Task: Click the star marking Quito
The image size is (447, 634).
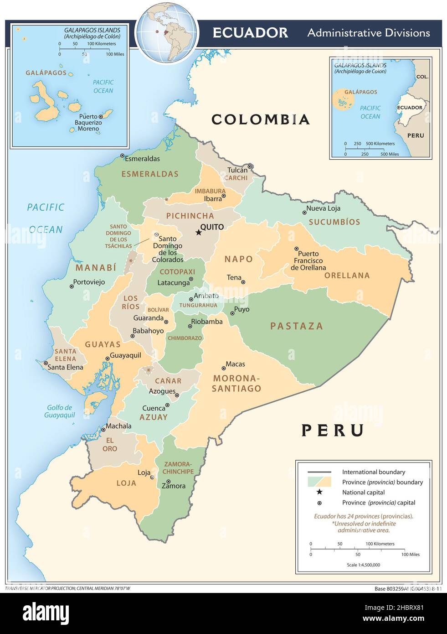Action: (198, 233)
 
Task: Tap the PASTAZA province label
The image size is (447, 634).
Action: (296, 326)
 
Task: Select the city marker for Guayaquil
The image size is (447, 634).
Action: (108, 359)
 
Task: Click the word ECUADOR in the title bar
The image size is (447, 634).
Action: (250, 33)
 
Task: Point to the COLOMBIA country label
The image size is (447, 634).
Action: (261, 120)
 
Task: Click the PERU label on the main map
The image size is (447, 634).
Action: (333, 430)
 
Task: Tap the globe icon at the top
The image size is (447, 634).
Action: (167, 32)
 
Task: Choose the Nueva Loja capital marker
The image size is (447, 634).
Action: (304, 212)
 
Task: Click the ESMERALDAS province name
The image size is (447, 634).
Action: (150, 174)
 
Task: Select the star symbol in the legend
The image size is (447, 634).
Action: (319, 492)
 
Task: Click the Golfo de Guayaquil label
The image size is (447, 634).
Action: (60, 411)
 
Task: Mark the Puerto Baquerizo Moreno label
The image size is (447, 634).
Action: (88, 123)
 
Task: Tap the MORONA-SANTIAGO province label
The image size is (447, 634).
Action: (236, 384)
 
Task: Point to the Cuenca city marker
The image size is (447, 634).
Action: (167, 405)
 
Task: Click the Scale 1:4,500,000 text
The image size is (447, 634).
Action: (363, 565)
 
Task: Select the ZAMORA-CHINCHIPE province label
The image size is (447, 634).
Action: (178, 468)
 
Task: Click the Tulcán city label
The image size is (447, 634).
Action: (237, 170)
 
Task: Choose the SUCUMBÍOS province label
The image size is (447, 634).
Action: (334, 222)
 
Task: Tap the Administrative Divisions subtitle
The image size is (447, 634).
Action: (369, 33)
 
